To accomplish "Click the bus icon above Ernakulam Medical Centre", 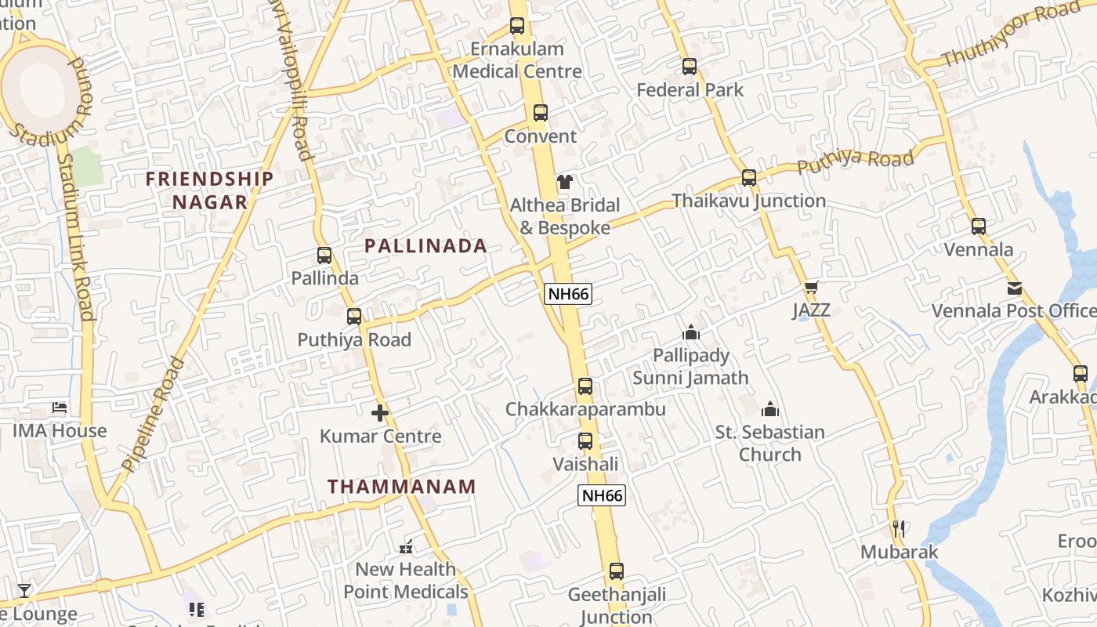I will coord(517,26).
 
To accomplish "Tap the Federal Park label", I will coord(690,90).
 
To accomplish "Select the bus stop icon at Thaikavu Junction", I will coord(749,178).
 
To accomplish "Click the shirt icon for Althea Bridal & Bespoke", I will coord(565,183).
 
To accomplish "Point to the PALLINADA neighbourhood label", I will coord(425,246).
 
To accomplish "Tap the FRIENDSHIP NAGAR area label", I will coord(210,190).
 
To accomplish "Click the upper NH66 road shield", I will coord(568,294).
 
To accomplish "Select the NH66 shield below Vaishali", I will coord(602,495).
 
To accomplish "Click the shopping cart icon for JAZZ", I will coord(811,288).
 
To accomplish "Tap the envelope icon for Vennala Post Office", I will coord(1015,288).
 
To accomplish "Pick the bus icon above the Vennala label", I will coord(979,227).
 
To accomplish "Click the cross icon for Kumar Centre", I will coord(380,413).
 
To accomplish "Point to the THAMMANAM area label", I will coord(401,487).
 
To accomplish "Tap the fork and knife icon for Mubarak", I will coord(899,529).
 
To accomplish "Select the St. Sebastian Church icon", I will coord(770,409).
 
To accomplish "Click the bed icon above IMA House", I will coord(60,408).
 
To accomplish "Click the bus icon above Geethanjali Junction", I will coord(617,571).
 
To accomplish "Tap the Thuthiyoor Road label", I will coord(1011,34).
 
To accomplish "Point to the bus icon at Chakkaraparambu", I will coord(585,386).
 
